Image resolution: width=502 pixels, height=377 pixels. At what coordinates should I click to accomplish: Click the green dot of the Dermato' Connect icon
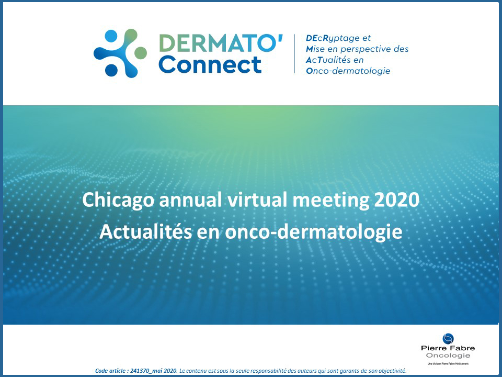point(140,52)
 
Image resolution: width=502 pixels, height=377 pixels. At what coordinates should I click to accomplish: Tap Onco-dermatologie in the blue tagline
point(348,71)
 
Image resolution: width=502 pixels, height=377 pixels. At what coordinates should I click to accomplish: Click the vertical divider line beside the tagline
point(295,54)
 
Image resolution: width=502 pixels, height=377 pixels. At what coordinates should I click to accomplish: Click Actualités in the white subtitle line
point(143,231)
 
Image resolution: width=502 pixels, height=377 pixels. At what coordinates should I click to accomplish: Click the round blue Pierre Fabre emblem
point(448,339)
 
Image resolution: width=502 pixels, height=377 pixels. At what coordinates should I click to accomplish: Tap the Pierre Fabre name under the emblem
point(448,349)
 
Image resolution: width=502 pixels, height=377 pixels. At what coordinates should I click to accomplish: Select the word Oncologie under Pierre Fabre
point(448,356)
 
